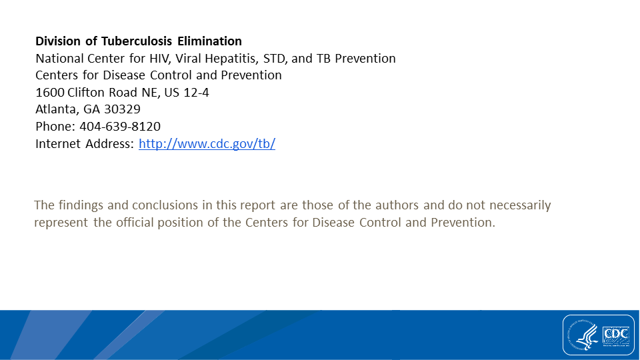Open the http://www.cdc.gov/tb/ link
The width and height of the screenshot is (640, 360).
coord(207,143)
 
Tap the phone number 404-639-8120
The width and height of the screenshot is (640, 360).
coord(120,126)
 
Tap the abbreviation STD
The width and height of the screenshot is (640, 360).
coord(275,59)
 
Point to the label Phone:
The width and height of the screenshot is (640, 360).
coord(55,126)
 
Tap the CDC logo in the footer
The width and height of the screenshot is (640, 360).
coord(616,335)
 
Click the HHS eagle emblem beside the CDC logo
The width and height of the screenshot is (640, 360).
coord(585,335)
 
